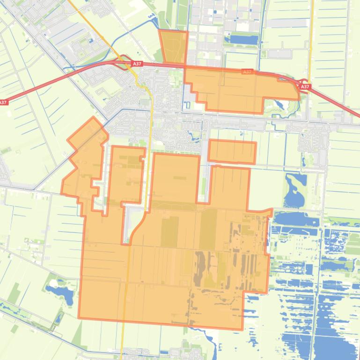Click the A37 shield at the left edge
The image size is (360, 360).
(3, 102)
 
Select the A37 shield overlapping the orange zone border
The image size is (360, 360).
(247, 72)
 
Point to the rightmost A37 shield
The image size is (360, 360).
(305, 87)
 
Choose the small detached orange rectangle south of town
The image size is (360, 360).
(232, 151)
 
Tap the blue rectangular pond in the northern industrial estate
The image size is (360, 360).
(242, 39)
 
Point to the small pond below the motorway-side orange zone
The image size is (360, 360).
(280, 105)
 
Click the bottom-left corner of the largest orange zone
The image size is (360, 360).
(79, 317)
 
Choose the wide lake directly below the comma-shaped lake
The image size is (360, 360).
(296, 219)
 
